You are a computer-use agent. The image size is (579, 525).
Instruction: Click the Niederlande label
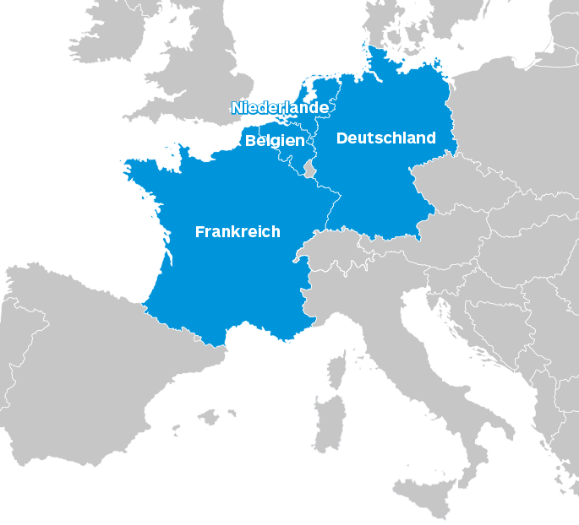280,107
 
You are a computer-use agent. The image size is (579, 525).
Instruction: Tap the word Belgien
275,141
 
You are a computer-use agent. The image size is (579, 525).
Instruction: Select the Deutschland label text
386,138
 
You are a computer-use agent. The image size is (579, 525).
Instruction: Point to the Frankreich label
238,231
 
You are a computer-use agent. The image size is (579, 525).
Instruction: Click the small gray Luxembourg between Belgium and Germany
309,170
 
